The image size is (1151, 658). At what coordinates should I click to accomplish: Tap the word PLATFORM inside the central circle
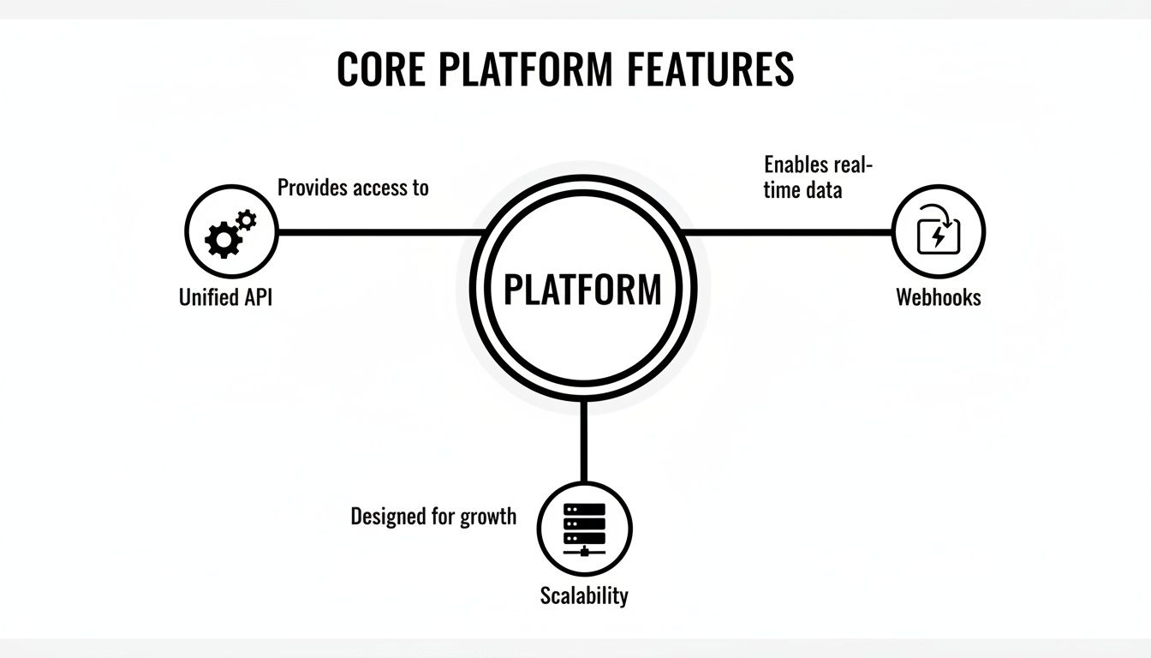[582, 290]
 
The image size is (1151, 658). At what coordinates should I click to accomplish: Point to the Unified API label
[226, 298]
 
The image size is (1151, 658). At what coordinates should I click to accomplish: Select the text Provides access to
[353, 188]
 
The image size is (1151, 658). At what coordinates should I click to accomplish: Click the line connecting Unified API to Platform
[377, 232]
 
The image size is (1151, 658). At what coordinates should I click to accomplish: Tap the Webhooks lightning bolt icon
[939, 232]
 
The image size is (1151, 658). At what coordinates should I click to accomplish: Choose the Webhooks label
[939, 297]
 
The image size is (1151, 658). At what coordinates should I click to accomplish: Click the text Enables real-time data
[814, 176]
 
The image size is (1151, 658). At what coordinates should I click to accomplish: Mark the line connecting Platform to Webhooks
[788, 232]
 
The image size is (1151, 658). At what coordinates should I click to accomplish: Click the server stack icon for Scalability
[585, 524]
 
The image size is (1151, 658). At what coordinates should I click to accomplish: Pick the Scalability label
[584, 595]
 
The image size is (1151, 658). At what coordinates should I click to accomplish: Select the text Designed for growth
[433, 517]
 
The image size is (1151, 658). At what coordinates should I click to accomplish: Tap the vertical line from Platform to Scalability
[584, 441]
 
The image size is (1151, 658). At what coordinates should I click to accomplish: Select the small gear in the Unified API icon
[246, 220]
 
